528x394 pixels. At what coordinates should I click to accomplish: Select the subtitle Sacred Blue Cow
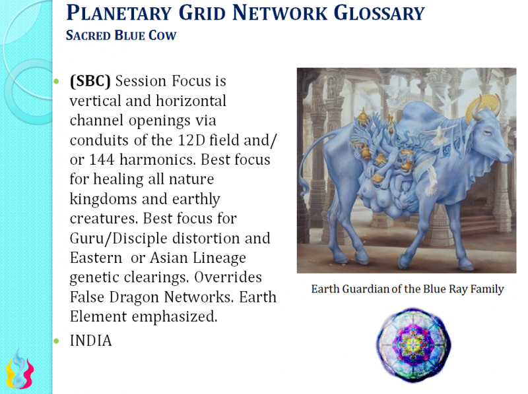pos(121,35)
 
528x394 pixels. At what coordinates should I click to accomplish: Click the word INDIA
pos(90,341)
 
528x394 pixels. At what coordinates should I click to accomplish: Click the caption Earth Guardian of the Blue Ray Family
pos(407,289)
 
